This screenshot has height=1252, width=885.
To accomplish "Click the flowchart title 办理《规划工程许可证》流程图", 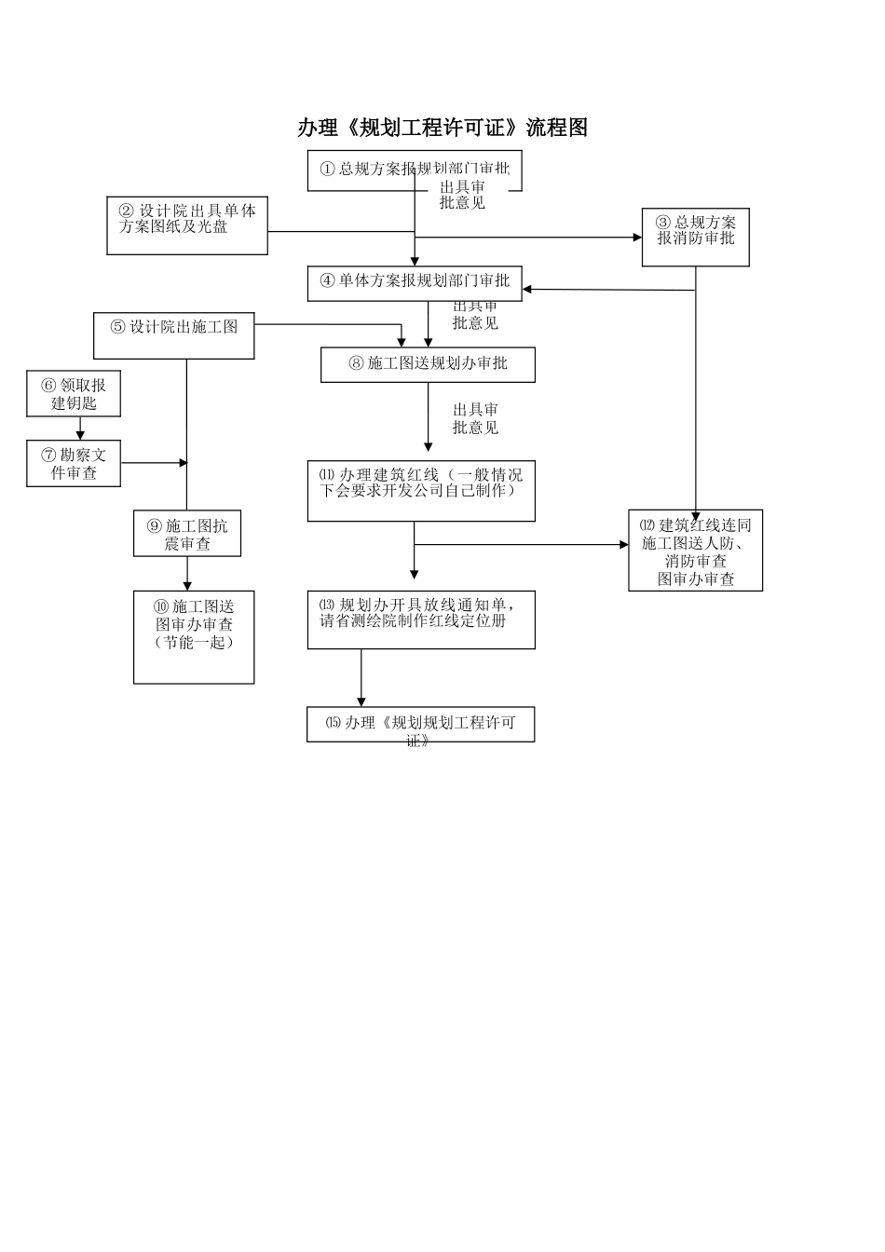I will pyautogui.click(x=442, y=128).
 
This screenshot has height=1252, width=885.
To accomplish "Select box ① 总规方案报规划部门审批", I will pyautogui.click(x=415, y=170).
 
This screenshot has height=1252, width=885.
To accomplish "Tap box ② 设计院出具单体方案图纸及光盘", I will pyautogui.click(x=187, y=225).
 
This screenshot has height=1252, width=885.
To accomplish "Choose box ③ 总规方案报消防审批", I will pyautogui.click(x=695, y=237).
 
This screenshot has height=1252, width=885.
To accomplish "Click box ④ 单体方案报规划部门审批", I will pyautogui.click(x=415, y=283).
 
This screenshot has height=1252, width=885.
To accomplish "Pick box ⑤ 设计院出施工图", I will pyautogui.click(x=173, y=335).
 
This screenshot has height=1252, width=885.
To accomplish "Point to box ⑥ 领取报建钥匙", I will pyautogui.click(x=74, y=393).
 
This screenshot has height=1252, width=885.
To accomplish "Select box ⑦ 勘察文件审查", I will pyautogui.click(x=74, y=463).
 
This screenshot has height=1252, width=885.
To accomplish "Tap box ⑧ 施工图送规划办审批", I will pyautogui.click(x=428, y=364).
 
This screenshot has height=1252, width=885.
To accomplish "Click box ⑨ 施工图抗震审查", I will pyautogui.click(x=187, y=534).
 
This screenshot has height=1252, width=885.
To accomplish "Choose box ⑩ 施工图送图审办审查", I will pyautogui.click(x=194, y=636).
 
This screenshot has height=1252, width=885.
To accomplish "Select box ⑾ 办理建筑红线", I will pyautogui.click(x=421, y=490).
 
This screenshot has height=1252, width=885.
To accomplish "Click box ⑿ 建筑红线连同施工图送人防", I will pyautogui.click(x=695, y=551).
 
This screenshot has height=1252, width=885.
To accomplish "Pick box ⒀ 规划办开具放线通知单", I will pyautogui.click(x=421, y=619).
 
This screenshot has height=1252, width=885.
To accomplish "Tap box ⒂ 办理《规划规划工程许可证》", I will pyautogui.click(x=420, y=725).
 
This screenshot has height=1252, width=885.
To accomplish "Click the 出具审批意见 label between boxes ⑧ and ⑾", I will pyautogui.click(x=475, y=418).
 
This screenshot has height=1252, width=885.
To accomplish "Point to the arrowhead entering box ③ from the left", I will pyautogui.click(x=637, y=238).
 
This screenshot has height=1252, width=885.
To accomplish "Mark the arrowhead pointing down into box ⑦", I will pyautogui.click(x=80, y=435).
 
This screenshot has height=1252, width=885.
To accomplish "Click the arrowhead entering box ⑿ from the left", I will pyautogui.click(x=624, y=545).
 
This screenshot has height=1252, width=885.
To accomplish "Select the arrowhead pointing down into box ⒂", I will pyautogui.click(x=361, y=701).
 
